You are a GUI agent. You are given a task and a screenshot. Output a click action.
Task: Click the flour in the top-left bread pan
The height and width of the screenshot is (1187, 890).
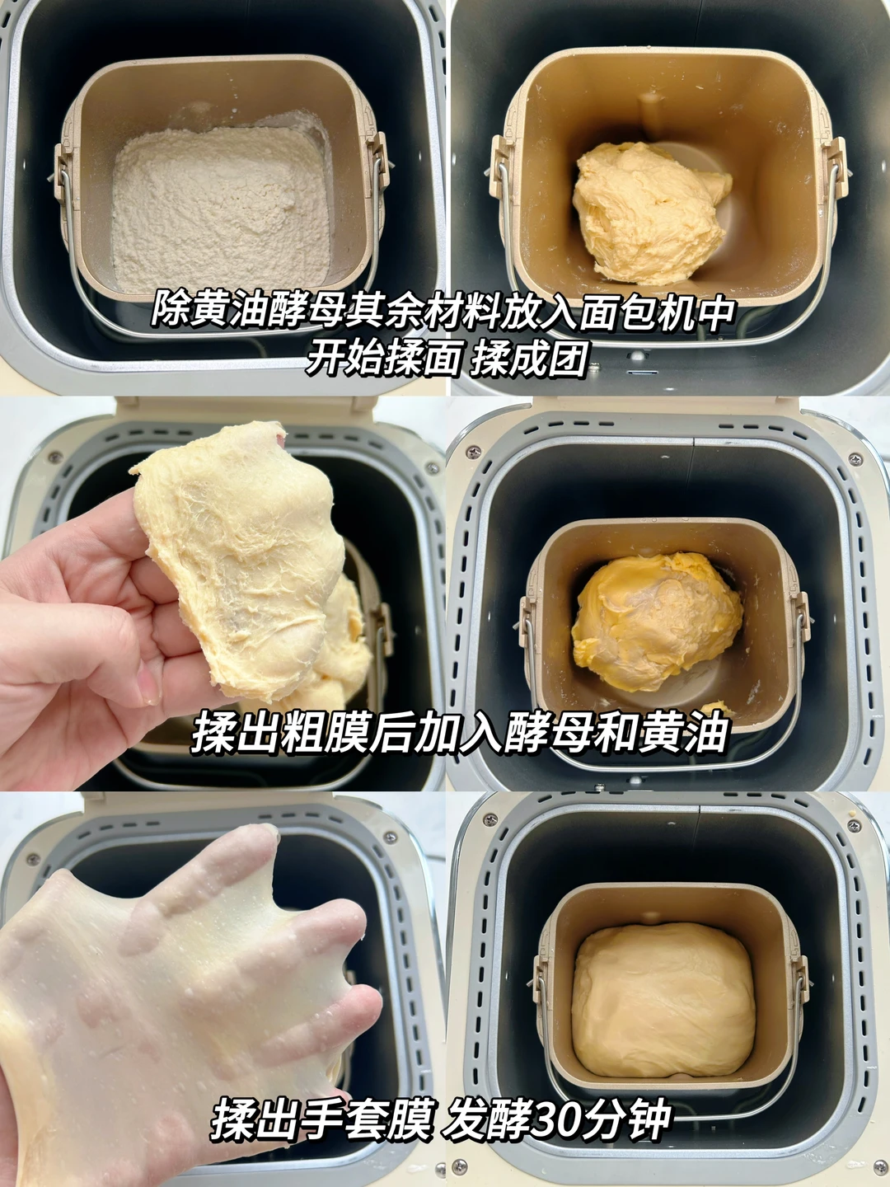point(222,205)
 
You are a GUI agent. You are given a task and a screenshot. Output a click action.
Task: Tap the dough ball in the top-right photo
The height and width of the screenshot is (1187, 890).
point(651,213)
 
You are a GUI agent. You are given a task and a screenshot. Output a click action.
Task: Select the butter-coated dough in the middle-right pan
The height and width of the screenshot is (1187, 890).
point(657,622)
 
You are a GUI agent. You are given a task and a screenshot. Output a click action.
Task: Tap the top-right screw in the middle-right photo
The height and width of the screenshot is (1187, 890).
point(855,459)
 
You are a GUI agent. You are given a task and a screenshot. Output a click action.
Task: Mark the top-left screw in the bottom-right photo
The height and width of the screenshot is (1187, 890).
point(489,819)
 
